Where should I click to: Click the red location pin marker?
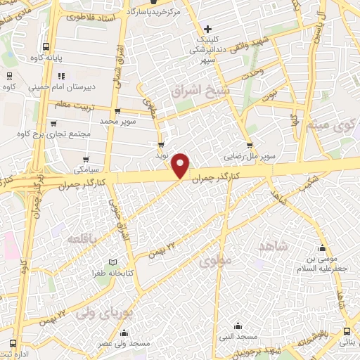point(181,165)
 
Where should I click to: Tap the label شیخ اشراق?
point(198,90)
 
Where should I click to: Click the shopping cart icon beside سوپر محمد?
point(117,110)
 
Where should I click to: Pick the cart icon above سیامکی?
point(86,160)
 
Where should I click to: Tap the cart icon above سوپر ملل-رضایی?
point(249,146)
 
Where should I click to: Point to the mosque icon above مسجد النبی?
point(238,326)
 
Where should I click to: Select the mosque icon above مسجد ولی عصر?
point(124,333)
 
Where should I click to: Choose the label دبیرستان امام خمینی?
point(60,89)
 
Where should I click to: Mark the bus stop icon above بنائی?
point(348,330)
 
